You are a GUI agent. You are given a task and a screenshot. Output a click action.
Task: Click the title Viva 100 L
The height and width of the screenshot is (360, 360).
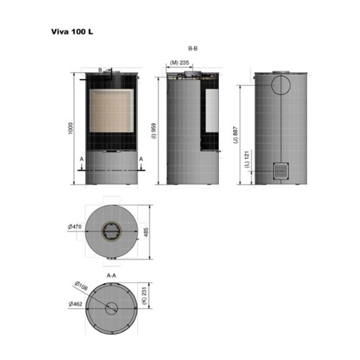[72, 31]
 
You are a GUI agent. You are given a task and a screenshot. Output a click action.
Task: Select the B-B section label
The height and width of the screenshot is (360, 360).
[193, 49]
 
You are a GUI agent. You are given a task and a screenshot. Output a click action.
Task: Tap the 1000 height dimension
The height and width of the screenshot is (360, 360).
[71, 129]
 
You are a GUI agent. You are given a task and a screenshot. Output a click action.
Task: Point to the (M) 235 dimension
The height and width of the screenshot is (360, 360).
[179, 63]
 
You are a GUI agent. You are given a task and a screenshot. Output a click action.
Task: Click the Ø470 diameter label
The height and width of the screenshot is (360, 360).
[75, 227]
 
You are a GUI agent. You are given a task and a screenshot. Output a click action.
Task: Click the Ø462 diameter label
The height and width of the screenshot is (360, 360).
[75, 304]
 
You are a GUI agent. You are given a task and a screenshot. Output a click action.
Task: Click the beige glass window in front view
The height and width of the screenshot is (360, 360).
[111, 111]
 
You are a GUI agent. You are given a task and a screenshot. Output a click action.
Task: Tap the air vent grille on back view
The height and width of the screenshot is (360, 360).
[281, 171]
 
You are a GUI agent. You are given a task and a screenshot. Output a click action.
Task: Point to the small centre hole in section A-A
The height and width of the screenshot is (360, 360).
[111, 307]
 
